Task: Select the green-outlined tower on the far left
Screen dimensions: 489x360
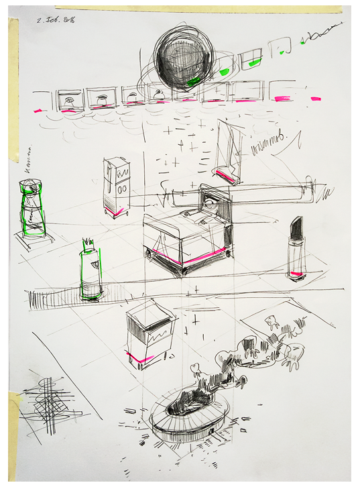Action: [32, 209]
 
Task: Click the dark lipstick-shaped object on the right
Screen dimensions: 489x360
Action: [296, 248]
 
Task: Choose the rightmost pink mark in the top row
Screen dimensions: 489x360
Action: [315, 98]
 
